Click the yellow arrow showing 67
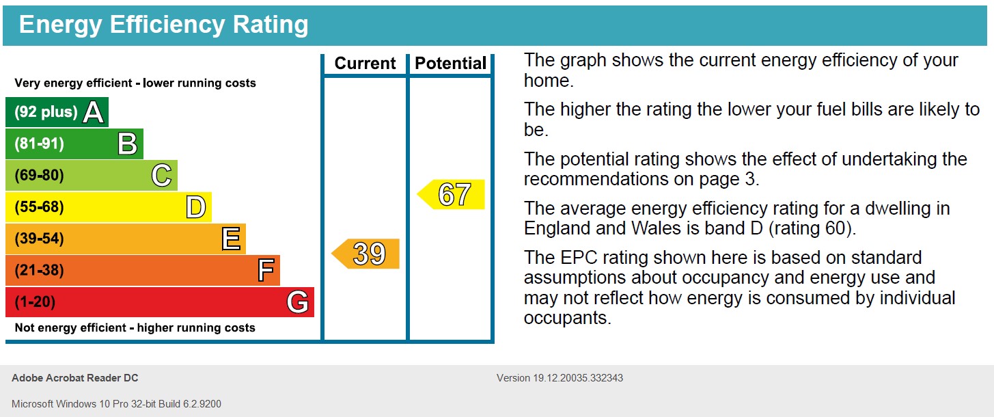452,195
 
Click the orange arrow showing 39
367,254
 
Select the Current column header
365,64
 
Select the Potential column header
451,64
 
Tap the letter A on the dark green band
94,113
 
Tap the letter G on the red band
298,302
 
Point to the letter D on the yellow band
196,207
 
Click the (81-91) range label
39,144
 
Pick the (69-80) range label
39,176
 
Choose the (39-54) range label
39,239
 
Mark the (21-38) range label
39,271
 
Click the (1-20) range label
35,302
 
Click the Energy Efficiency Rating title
163,25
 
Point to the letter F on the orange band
266,271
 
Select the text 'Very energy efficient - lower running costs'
135,83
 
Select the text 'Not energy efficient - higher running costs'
135,328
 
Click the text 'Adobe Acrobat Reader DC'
75,378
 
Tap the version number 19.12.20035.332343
578,378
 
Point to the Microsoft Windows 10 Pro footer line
116,404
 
